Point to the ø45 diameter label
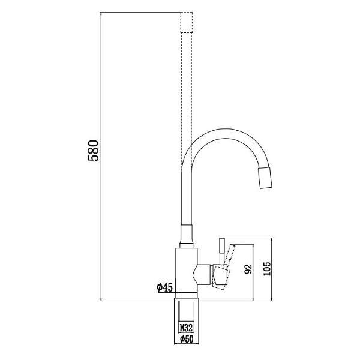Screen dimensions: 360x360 (165, 288)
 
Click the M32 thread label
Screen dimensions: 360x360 (186, 328)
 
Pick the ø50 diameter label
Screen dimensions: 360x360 (186, 340)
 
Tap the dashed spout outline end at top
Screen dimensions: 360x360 (186, 22)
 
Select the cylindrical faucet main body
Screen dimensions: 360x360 (185, 270)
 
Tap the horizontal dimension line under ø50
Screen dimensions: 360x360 (186, 344)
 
